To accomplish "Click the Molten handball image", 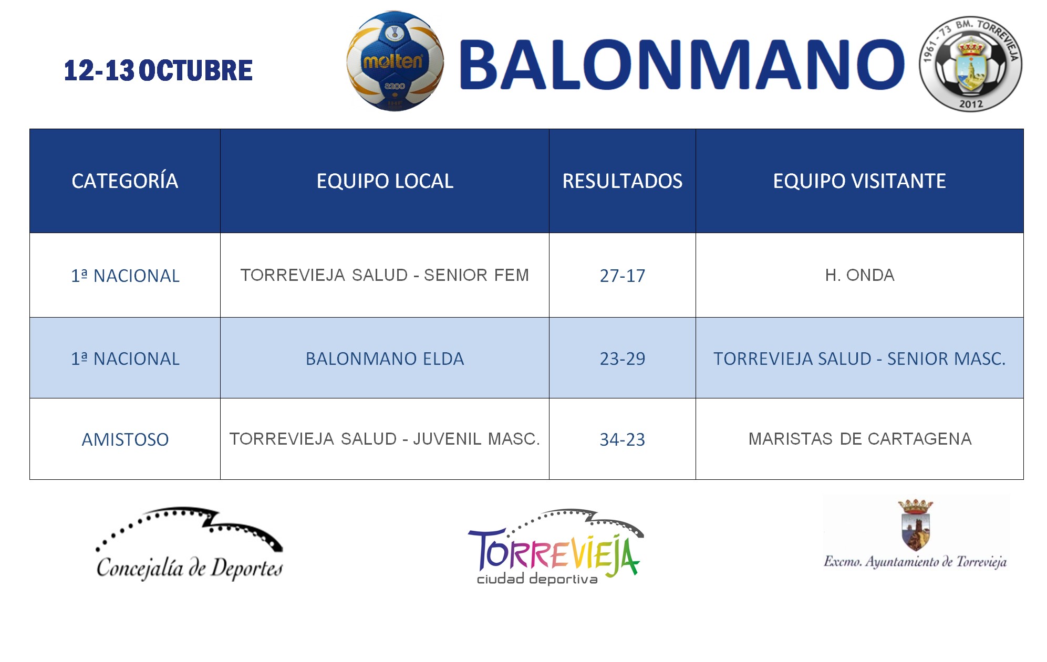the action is (395, 61).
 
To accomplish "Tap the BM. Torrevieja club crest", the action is (970, 64).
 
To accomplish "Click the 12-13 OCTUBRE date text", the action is (158, 70).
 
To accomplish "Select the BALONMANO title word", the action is (682, 65).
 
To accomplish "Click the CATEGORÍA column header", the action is (125, 181).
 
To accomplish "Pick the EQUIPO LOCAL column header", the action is (385, 181).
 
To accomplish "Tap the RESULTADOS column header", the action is (623, 181).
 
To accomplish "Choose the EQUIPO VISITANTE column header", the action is (859, 181).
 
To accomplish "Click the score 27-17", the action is (623, 276).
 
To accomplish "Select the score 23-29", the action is (623, 359).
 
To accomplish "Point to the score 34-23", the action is (623, 439).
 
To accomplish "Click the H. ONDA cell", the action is (859, 275).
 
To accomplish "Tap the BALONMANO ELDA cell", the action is (385, 359).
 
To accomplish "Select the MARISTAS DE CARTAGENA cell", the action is (860, 439).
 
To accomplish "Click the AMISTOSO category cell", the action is (125, 439).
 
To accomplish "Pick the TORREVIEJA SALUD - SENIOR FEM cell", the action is (385, 275).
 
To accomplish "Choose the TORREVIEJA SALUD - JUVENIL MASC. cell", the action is (385, 439).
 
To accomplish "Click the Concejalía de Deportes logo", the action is (189, 544).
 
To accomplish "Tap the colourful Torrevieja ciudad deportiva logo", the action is (556, 547).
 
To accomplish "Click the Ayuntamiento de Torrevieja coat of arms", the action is (916, 525).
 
